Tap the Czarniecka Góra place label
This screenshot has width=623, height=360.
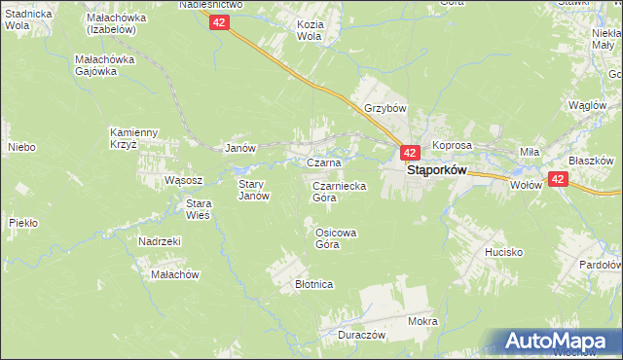click(x=338, y=191)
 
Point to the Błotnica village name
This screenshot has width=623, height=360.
click(x=314, y=284)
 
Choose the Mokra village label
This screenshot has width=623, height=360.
click(x=423, y=321)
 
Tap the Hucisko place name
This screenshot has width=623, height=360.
click(x=504, y=252)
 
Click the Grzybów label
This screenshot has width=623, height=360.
click(x=385, y=108)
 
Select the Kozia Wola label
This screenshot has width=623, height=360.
click(x=310, y=29)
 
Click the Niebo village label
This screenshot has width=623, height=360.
click(x=21, y=147)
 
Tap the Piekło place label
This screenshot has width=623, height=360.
click(x=22, y=223)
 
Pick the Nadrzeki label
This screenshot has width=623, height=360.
click(x=160, y=241)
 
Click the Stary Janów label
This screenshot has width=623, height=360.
click(x=253, y=189)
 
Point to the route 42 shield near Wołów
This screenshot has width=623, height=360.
click(x=558, y=179)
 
